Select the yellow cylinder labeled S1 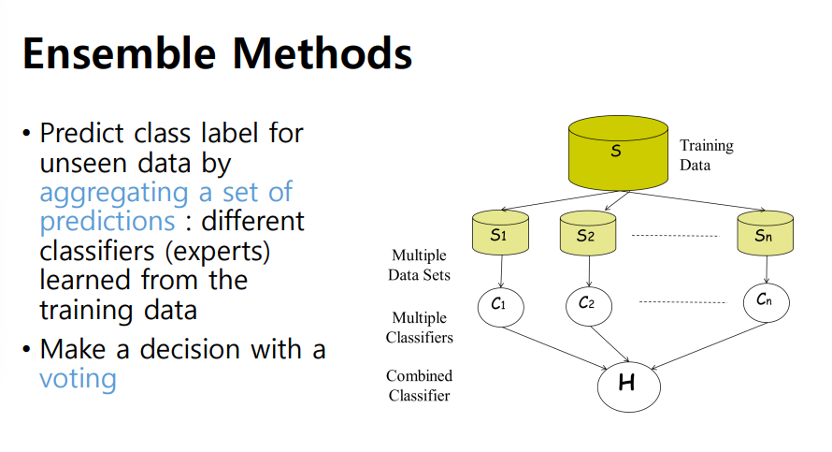pos(501,234)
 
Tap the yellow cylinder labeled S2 pos(588,234)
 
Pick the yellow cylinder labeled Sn pos(766,234)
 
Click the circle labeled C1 pos(500,305)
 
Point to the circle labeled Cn pos(766,300)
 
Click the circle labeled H pos(627,383)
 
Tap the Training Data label pos(707,155)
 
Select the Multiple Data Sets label pos(420,265)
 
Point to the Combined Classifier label pos(419,386)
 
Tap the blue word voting pos(78,379)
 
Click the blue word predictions pos(107,222)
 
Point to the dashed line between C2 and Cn pos(681,302)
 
